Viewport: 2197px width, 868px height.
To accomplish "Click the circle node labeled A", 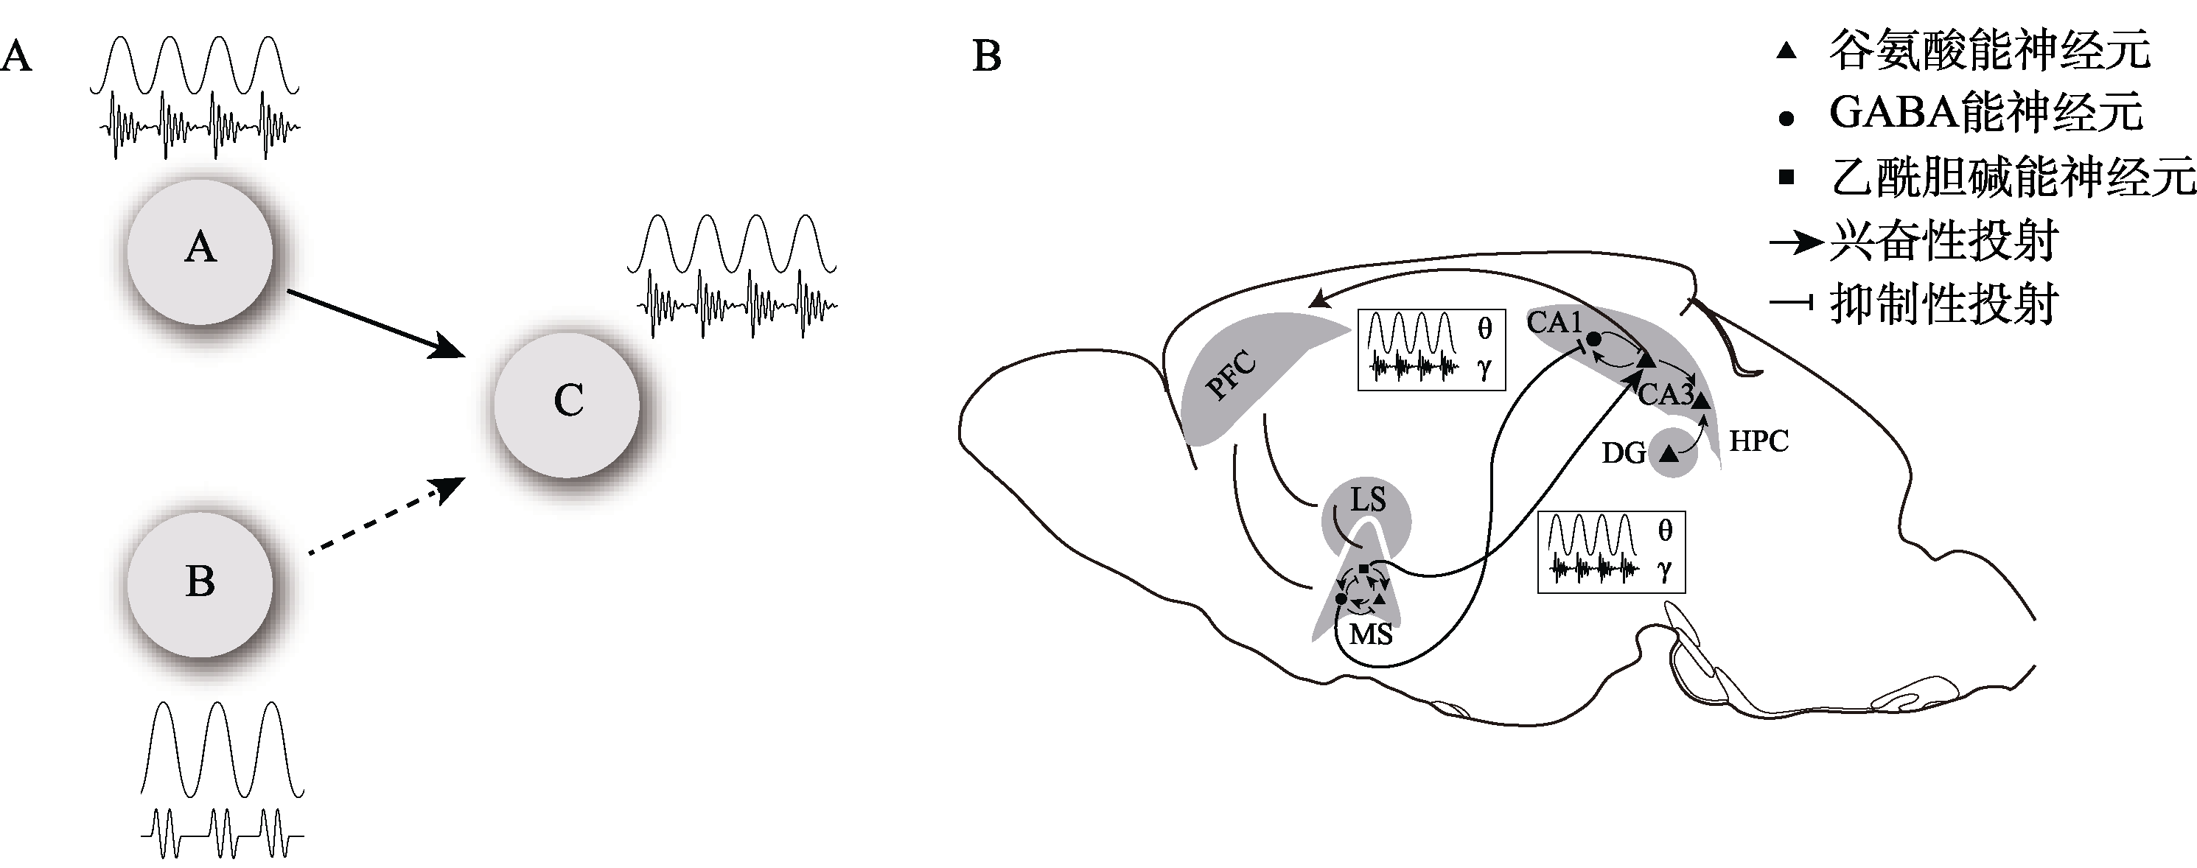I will [200, 251].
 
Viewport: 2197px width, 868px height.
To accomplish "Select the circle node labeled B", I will [200, 584].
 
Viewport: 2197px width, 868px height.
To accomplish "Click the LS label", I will [1367, 500].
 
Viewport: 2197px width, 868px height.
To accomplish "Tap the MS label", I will [1371, 634].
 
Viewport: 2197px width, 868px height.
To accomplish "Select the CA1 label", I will [1554, 322].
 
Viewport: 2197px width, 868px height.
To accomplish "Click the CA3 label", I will [1665, 394].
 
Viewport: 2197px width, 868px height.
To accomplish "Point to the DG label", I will [1623, 452].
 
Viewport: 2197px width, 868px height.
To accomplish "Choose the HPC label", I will [1758, 441].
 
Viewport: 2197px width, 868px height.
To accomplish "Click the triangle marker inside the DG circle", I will [1670, 454].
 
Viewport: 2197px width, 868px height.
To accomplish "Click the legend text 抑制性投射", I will [1943, 304].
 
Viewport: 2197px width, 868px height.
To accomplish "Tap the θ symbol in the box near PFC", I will [1485, 330].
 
